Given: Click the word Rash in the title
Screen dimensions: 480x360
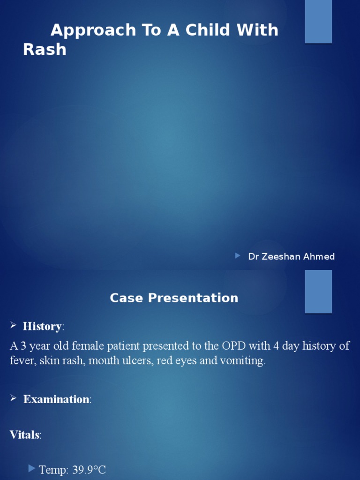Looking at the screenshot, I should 45,49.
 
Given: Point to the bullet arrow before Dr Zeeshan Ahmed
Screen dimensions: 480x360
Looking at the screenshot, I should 238,256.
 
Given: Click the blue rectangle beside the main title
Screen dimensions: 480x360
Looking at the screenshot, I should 318,22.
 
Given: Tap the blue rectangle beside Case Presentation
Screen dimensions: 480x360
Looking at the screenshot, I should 318,291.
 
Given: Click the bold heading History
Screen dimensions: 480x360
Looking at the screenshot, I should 42,326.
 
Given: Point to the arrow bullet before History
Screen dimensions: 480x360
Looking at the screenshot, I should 13,325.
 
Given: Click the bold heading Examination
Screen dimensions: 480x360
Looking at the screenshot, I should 56,399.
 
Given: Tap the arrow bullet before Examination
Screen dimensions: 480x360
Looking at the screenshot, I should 13,398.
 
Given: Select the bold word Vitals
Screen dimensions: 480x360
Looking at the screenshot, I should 24,435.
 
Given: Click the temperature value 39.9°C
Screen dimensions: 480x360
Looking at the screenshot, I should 89,470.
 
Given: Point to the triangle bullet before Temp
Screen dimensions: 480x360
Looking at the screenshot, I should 32,468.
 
